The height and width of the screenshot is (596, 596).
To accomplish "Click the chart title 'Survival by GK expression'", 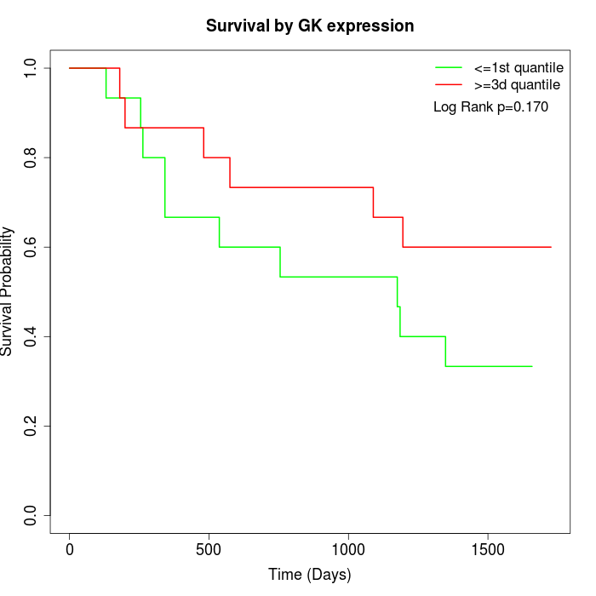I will [x=310, y=26].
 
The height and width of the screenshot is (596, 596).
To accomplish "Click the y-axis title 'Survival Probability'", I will [x=8, y=291].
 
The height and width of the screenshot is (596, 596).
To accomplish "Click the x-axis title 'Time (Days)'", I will [x=309, y=575].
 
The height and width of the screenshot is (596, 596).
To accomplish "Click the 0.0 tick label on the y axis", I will [x=32, y=515].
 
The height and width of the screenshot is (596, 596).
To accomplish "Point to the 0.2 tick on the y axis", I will [x=32, y=426].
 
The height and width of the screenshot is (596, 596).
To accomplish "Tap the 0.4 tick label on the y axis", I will [x=32, y=336].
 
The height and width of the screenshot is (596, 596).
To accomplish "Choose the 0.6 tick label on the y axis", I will [x=32, y=247].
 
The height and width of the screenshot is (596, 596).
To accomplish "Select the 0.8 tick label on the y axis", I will [x=32, y=158].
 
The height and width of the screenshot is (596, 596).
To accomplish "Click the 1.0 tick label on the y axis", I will [x=32, y=68].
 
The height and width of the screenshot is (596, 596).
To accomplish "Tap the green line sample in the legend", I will [x=449, y=67].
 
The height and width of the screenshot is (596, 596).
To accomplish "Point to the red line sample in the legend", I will [x=449, y=85].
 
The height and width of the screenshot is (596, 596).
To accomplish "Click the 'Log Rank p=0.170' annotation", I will [x=490, y=107].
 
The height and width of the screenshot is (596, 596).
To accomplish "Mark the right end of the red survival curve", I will [x=552, y=247].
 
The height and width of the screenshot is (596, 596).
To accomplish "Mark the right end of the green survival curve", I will [x=532, y=366].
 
